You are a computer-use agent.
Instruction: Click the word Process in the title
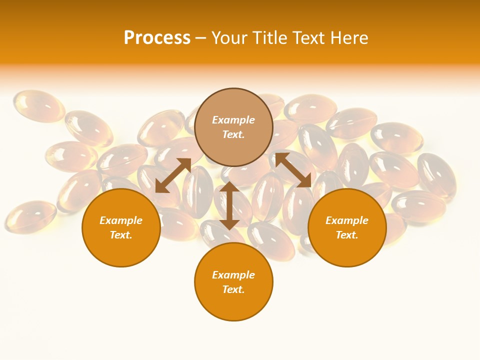(157, 37)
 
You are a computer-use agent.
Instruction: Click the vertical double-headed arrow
(229, 205)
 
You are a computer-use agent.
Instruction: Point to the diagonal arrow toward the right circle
(293, 170)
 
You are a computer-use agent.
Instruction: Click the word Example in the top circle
(233, 120)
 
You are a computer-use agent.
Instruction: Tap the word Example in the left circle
(121, 220)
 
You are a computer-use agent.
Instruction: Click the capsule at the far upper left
(38, 105)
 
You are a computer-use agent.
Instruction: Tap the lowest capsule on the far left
(30, 215)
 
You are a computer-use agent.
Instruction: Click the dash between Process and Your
(200, 38)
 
